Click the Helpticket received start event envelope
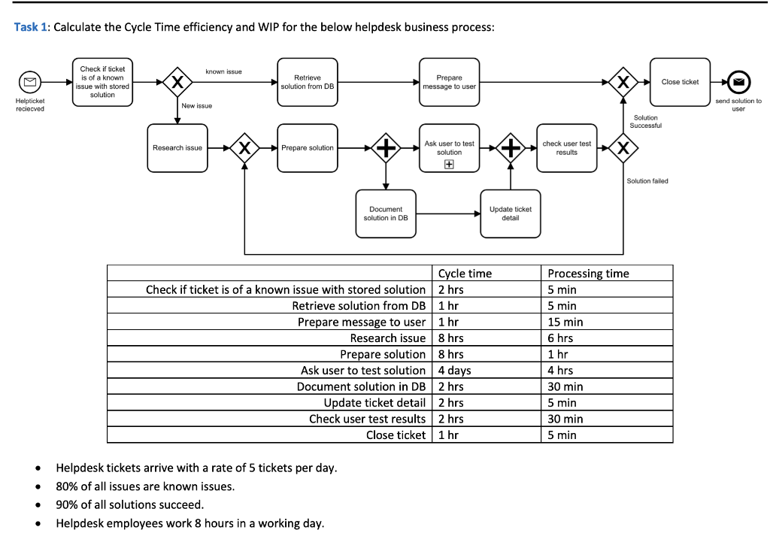30,81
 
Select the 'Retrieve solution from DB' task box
307,82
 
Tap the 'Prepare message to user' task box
449,82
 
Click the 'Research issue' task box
177,148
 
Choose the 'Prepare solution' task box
307,148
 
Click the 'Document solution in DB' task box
386,213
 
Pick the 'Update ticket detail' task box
511,213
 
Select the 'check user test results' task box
566,147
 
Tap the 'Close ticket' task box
680,82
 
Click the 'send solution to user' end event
738,82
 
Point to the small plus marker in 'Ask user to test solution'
450,164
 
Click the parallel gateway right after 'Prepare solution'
386,148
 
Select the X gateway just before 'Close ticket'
623,82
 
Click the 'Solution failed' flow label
647,181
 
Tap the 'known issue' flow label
223,71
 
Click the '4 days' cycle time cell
454,370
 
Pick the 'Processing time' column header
588,274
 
